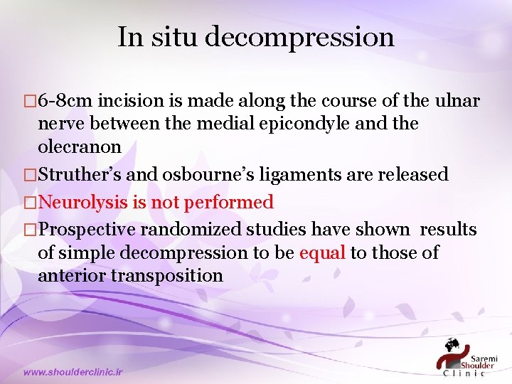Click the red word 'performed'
coord(228,203)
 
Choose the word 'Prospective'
coord(87,230)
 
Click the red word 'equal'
coord(323,252)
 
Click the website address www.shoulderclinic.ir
coord(73,371)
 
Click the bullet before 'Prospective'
coord(30,230)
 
